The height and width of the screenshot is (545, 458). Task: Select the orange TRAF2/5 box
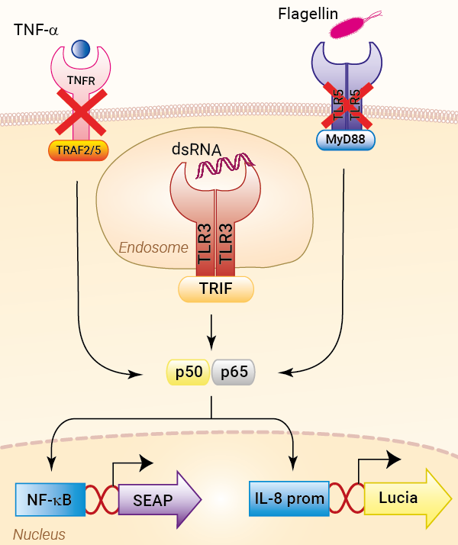pyautogui.click(x=79, y=151)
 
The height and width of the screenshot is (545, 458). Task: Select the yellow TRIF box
pyautogui.click(x=216, y=289)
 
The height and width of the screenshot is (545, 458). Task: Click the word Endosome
pyautogui.click(x=153, y=247)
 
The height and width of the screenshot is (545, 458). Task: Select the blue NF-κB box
pyautogui.click(x=49, y=500)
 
